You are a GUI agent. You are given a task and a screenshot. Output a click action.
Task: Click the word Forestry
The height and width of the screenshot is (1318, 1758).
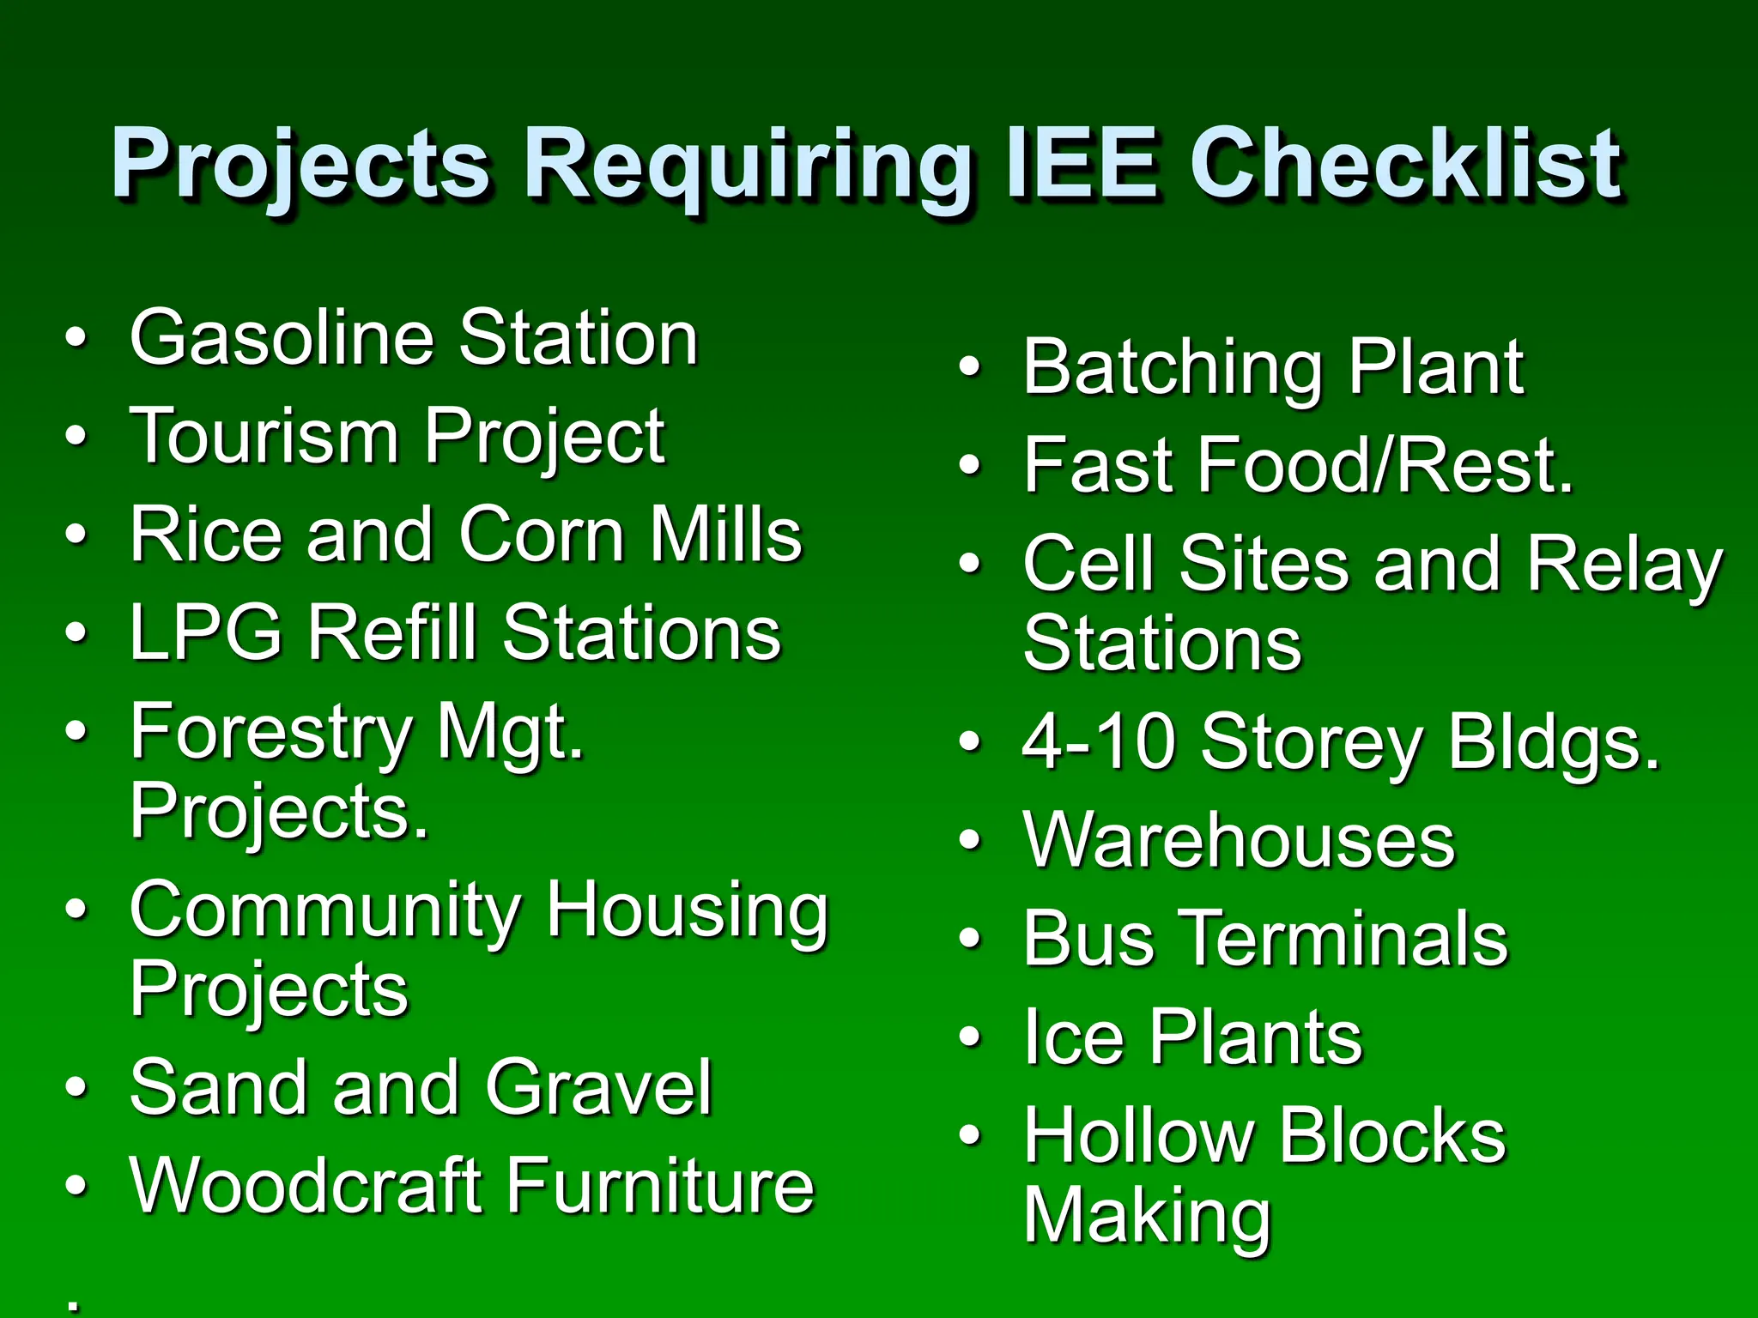(271, 735)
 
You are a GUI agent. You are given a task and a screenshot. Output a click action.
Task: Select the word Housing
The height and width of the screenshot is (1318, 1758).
(687, 911)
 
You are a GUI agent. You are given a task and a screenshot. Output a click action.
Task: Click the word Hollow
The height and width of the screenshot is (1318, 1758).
(1138, 1136)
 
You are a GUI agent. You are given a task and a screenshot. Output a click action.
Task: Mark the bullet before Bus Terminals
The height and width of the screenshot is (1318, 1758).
(969, 939)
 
